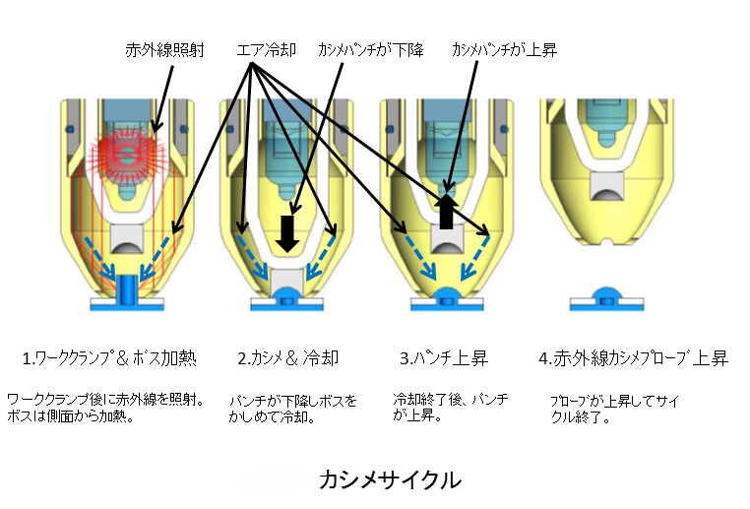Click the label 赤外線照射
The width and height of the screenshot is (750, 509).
click(x=165, y=50)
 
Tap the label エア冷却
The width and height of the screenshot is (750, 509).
click(x=267, y=50)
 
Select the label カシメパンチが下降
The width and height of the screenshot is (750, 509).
click(x=371, y=50)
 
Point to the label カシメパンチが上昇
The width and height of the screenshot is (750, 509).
click(x=504, y=50)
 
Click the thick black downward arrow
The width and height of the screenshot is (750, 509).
click(x=287, y=233)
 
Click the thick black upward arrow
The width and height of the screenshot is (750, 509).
click(x=446, y=211)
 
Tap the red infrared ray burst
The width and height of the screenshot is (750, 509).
click(x=128, y=154)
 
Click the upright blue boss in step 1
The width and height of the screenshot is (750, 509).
click(x=127, y=288)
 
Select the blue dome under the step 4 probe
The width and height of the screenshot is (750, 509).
click(x=606, y=293)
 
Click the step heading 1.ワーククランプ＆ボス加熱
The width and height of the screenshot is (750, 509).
click(x=109, y=358)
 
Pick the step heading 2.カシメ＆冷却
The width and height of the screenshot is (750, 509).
click(x=288, y=358)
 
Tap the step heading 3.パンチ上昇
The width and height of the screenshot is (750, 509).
click(x=444, y=358)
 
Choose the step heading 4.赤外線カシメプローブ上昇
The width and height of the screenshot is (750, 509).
click(x=633, y=358)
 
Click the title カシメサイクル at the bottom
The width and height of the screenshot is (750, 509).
click(x=390, y=479)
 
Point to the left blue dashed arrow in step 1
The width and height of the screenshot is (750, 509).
click(x=100, y=257)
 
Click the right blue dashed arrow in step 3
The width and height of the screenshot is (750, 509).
click(x=475, y=258)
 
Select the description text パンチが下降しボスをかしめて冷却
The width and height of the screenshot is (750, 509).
click(x=292, y=409)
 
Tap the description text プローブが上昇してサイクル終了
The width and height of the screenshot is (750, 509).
click(x=614, y=409)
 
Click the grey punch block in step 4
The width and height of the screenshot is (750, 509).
click(x=606, y=186)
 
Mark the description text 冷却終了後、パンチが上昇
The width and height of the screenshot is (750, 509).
click(x=451, y=407)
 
